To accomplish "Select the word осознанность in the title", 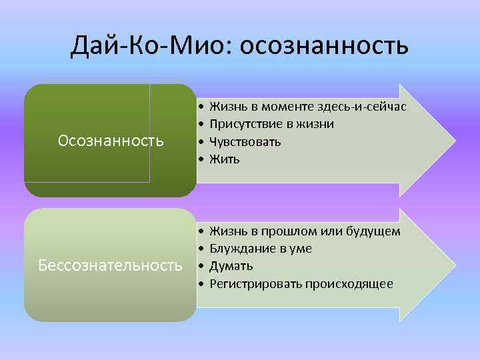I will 323,46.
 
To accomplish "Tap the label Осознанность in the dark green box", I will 111,141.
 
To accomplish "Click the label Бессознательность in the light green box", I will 110,265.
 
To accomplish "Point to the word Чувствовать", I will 245,141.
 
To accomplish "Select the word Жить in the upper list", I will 224,159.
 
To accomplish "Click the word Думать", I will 231,266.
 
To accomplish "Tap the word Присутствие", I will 245,124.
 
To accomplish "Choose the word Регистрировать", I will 256,284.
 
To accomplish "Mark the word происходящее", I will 349,284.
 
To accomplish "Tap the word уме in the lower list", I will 302,249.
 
